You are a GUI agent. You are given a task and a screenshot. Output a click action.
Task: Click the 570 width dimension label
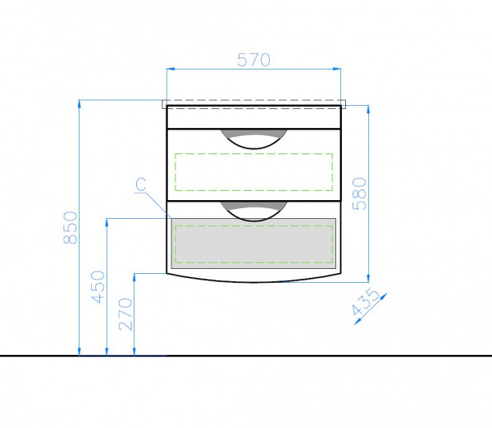[253, 60]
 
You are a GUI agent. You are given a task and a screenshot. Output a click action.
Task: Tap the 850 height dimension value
[71, 227]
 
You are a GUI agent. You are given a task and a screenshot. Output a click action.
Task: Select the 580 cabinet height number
[360, 194]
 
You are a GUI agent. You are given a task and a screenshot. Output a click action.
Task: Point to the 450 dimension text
[98, 287]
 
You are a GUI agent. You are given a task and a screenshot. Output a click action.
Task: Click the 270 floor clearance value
[125, 314]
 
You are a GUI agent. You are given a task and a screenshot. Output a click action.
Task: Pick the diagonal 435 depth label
[365, 302]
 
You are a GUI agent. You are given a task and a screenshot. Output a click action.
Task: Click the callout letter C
[142, 184]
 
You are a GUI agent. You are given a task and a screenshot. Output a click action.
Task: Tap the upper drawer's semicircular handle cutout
[253, 139]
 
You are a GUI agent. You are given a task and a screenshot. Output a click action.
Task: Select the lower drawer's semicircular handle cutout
[253, 212]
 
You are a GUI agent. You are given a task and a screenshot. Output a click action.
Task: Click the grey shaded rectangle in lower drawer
[253, 244]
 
